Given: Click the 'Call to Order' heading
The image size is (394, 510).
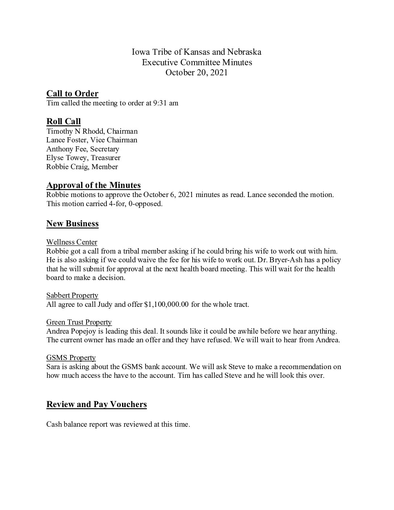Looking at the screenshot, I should point(72,94).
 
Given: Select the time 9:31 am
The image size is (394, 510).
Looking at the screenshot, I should point(165,103).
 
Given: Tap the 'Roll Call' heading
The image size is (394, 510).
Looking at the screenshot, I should point(63,122).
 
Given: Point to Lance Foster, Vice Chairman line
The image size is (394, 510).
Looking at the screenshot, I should point(92,140).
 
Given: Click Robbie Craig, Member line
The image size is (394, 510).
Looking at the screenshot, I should point(82,167).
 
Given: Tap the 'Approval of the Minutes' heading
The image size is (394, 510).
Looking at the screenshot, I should point(93,185).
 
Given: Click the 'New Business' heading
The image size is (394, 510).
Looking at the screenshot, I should point(72,224).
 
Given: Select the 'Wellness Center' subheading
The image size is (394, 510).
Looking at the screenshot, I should point(72,242).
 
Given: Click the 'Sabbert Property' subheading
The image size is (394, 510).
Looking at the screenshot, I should point(72,296).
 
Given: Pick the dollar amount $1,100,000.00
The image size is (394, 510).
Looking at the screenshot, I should point(166,305).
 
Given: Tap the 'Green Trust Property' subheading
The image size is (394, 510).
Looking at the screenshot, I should point(79,322).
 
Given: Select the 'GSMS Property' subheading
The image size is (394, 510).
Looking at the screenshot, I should point(71,358).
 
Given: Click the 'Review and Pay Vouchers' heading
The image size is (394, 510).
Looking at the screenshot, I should point(96,405).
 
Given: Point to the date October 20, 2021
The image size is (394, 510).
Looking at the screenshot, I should point(196,73).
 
